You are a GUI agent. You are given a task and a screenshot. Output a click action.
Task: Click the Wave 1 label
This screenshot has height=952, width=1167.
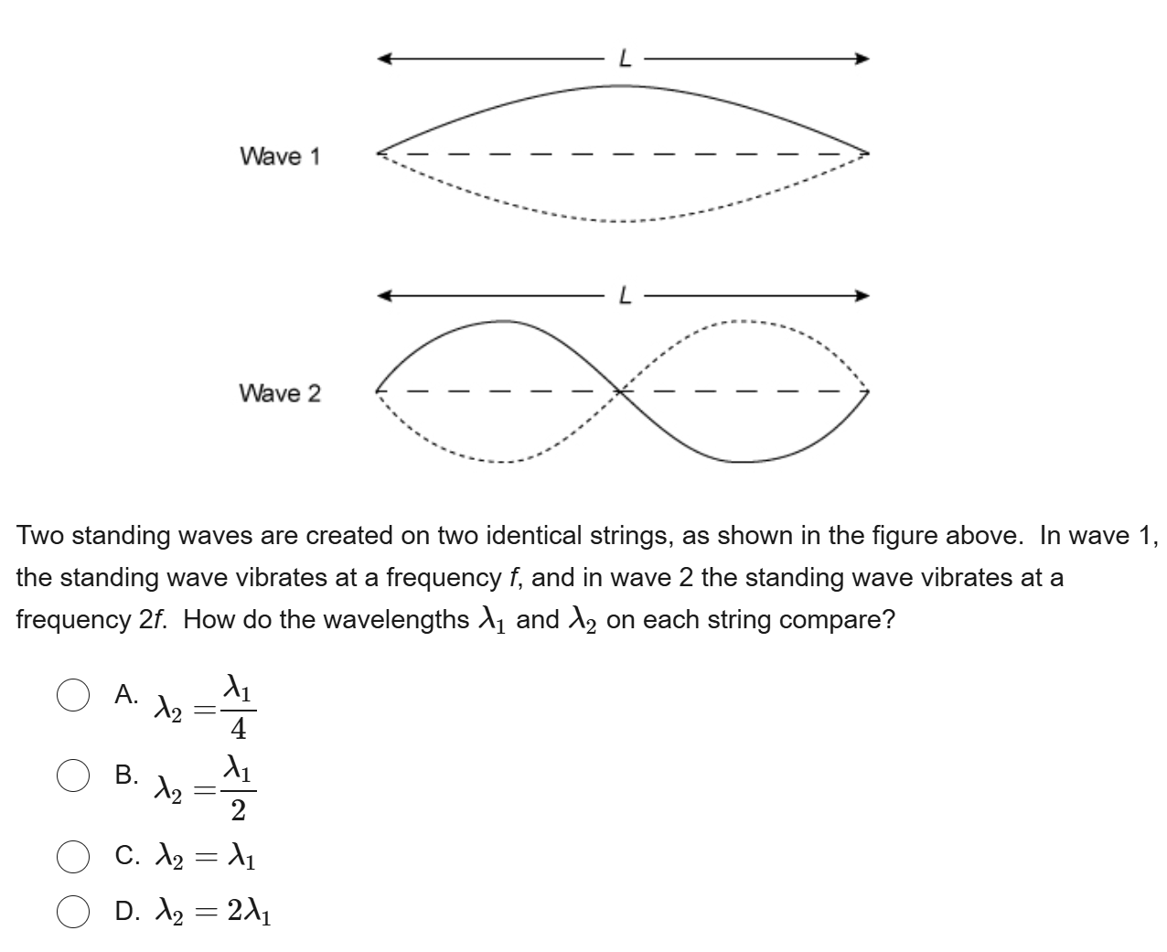(280, 156)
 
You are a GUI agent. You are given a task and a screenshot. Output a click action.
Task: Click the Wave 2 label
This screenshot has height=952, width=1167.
(280, 393)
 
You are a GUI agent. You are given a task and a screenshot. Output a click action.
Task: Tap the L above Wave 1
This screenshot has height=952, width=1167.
(626, 59)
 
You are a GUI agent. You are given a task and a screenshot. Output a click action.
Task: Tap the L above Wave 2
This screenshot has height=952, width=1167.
(626, 296)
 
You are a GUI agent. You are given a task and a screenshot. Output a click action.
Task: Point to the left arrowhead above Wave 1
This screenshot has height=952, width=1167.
(386, 59)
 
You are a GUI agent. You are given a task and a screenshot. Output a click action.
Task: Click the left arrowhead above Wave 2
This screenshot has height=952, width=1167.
(386, 296)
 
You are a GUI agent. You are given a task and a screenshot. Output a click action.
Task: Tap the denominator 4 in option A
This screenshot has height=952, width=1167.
(238, 730)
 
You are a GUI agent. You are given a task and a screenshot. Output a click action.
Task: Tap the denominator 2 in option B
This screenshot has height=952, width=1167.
(238, 810)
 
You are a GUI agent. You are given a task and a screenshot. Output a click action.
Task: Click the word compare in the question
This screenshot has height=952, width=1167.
(838, 620)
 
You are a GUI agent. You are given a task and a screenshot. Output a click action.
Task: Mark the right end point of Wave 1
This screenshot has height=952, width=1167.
(866, 152)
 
